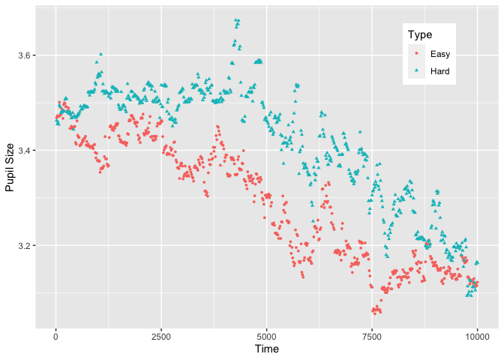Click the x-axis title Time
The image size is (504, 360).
(x=267, y=349)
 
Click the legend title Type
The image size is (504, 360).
(x=419, y=35)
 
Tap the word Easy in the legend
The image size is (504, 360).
(x=440, y=54)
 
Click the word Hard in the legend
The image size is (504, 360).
(x=440, y=72)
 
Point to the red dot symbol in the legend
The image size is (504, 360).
(x=416, y=54)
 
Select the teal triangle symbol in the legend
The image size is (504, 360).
(x=416, y=72)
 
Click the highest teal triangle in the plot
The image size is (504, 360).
(x=236, y=20)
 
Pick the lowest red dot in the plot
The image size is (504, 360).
(x=374, y=312)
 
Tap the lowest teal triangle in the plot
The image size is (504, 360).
(x=468, y=295)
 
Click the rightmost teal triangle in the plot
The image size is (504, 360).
(x=477, y=262)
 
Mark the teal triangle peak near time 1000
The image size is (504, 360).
(x=100, y=54)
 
